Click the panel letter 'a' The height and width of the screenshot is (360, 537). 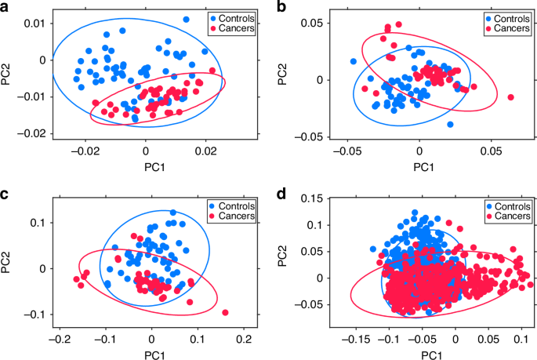point(5,7)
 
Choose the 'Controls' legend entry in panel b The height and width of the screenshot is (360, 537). point(503,16)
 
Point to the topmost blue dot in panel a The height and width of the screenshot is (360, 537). point(186,20)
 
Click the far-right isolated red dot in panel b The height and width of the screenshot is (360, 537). point(511,97)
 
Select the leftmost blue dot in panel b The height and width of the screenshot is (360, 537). point(353,61)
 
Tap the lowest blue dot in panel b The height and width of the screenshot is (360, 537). point(450,125)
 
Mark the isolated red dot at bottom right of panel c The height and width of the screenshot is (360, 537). point(225,312)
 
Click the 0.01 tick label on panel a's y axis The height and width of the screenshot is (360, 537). point(31,24)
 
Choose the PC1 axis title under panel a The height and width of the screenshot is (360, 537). point(144,165)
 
